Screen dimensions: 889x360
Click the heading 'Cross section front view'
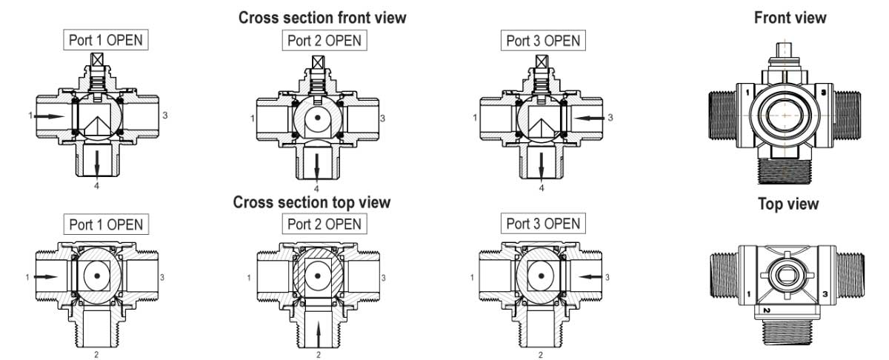coord(322,18)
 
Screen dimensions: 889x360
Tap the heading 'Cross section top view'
coord(312,202)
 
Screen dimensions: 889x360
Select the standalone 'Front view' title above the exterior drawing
coord(790,18)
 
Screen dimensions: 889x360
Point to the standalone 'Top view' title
coord(788,204)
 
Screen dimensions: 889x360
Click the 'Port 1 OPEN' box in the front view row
coord(105,40)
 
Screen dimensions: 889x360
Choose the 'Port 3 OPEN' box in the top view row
coord(543,224)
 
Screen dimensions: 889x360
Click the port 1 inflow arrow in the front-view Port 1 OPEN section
coord(49,116)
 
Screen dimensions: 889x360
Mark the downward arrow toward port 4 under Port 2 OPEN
coord(317,167)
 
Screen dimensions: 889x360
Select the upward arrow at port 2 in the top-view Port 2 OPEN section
coord(318,334)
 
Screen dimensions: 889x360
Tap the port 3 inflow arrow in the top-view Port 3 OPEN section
coord(590,276)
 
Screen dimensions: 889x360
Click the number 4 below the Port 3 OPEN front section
coord(542,188)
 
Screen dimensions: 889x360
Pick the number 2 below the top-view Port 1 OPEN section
coord(96,354)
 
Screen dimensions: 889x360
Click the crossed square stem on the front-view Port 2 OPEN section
coord(319,62)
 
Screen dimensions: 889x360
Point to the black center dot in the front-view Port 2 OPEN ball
coord(318,118)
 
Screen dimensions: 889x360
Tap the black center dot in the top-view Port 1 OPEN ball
coord(97,276)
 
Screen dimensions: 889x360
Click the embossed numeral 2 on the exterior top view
coord(766,310)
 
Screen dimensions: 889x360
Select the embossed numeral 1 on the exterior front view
coord(748,93)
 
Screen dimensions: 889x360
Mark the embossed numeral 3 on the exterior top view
coord(825,294)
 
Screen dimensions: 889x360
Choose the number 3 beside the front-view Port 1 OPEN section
coord(165,115)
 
